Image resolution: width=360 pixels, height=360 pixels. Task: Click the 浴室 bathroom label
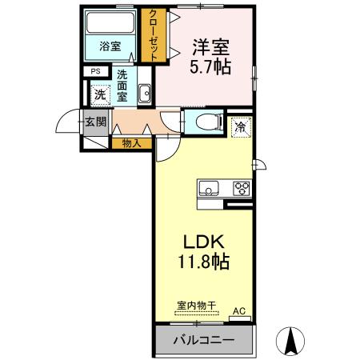110,46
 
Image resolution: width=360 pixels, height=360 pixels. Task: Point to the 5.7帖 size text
211,68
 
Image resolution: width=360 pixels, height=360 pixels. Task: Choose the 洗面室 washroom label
123,86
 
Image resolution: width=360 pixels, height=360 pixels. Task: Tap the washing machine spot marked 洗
99,94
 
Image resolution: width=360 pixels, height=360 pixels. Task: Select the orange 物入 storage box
132,144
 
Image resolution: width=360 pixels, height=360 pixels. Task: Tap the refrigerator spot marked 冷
239,126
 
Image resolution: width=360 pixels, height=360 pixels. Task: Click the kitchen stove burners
240,189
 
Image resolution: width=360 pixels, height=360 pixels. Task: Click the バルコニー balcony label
205,340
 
